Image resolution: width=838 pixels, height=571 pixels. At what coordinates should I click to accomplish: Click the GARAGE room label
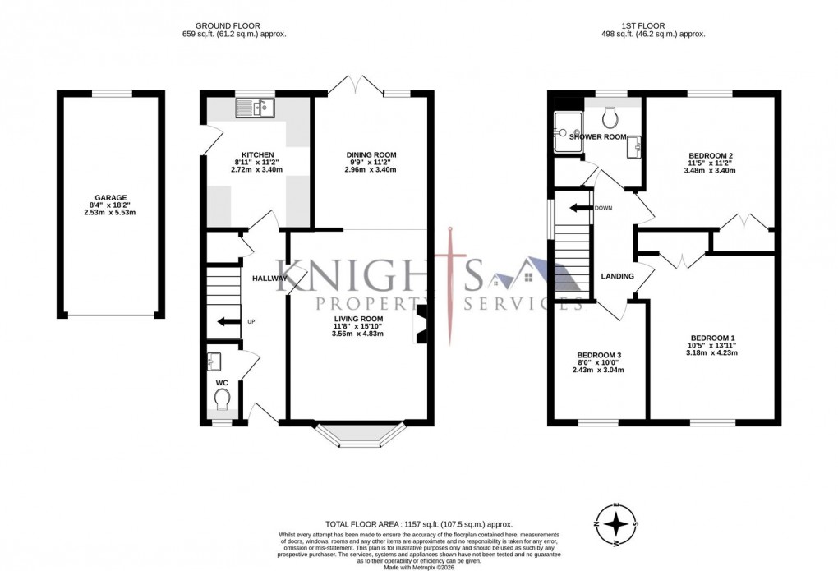click(x=110, y=197)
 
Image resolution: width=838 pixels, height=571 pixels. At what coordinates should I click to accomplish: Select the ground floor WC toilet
click(x=221, y=399)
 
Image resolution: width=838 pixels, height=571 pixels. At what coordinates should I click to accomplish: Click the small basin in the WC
click(x=214, y=361)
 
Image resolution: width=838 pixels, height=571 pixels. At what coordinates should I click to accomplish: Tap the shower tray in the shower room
click(x=567, y=127)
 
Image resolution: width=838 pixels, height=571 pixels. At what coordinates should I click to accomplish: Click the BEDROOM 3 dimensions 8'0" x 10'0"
click(x=599, y=362)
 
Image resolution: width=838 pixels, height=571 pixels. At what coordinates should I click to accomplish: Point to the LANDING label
click(x=618, y=276)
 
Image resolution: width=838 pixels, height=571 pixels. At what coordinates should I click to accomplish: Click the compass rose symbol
click(x=616, y=522)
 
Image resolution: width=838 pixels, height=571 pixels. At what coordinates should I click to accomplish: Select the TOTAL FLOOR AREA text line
click(x=419, y=523)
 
